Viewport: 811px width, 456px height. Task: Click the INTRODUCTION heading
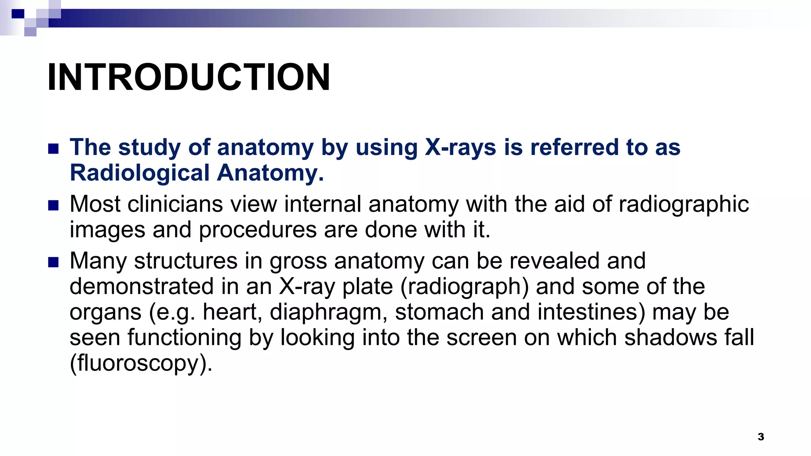point(188,77)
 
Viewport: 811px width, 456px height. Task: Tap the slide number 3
point(761,437)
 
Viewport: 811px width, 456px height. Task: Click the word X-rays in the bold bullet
point(461,147)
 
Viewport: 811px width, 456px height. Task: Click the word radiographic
point(683,204)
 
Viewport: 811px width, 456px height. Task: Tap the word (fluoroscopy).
point(141,363)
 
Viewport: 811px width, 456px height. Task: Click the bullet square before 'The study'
point(53,149)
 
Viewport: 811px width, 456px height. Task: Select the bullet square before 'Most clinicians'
point(53,205)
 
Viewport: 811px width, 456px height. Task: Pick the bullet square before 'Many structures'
point(53,262)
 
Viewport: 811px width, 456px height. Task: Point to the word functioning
point(184,338)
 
